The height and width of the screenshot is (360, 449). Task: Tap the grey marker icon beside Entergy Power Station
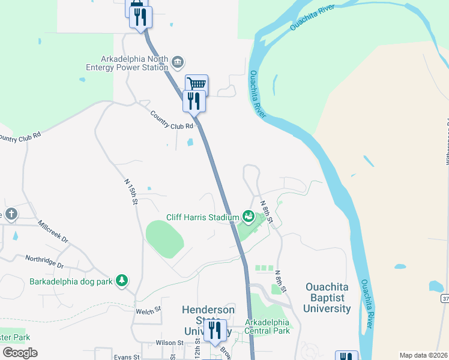click(178, 62)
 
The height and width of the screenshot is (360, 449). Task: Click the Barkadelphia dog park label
click(71, 281)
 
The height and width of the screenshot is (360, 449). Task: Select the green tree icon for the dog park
click(122, 280)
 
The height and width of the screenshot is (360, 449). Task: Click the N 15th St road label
click(131, 191)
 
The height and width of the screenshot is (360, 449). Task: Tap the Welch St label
click(149, 310)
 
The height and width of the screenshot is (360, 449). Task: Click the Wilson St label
click(169, 343)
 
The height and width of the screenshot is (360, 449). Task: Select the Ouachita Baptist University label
click(328, 298)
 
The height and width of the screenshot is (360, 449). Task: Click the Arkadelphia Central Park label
click(267, 326)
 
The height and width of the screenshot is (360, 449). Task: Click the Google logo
click(20, 353)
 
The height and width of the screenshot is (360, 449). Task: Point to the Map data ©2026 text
click(424, 355)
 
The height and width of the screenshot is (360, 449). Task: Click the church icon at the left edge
click(11, 214)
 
